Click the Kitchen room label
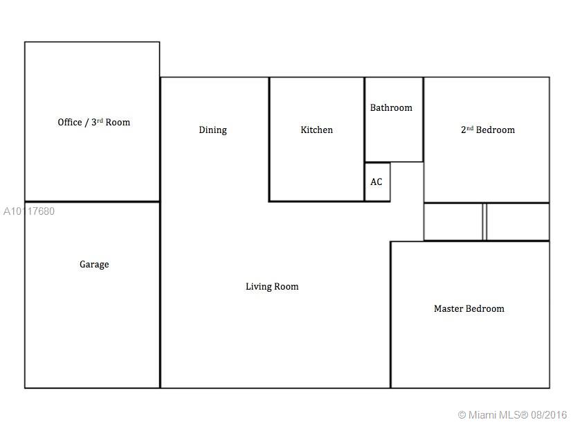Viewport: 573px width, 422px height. [316, 130]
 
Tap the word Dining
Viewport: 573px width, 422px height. [212, 130]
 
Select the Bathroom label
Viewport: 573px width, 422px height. [391, 107]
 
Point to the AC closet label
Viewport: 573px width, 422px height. [376, 182]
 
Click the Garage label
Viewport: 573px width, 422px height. [94, 265]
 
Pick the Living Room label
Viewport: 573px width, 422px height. [272, 287]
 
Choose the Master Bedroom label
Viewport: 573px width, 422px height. [469, 308]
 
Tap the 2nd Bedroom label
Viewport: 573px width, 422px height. [488, 130]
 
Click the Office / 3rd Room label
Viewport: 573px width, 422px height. [94, 122]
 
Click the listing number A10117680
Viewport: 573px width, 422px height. [29, 211]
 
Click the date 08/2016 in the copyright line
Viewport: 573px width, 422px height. [549, 414]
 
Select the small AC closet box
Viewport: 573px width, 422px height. [377, 182]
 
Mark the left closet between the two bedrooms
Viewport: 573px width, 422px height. [453, 222]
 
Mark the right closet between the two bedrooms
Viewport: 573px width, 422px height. [518, 222]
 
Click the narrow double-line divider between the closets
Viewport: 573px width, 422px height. [485, 222]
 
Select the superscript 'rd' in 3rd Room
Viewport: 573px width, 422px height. [100, 120]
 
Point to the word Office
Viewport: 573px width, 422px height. [70, 122]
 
